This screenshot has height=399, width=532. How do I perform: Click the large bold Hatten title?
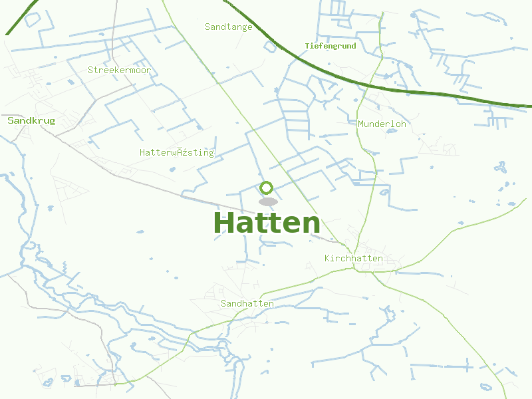coord(267,223)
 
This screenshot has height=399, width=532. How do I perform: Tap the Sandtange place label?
coord(229,27)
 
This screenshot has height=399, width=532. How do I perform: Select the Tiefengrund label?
coord(331,46)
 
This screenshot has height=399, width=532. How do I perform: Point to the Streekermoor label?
coord(119,70)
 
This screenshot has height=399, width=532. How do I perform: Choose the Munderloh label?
coord(382,124)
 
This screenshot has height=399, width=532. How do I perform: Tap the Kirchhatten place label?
coord(353,258)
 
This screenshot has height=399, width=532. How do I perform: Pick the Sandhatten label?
coord(247,303)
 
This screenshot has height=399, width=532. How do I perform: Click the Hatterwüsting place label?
coord(177,152)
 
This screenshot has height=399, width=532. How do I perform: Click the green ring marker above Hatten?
coord(266,188)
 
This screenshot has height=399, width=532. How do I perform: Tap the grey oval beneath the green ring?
coord(268,201)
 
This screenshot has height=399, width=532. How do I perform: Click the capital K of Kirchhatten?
coord(328,258)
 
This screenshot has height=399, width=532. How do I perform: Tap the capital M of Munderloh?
coord(361,124)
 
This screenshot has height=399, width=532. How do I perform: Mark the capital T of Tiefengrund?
coord(307,46)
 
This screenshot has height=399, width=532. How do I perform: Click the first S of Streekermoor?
coord(91,70)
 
